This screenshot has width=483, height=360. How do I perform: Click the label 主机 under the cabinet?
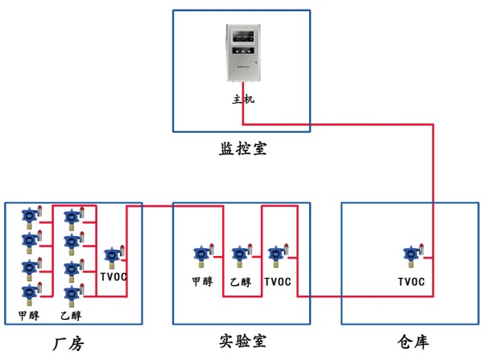coord(242,100)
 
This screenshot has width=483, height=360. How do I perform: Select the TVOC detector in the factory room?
coord(112,257)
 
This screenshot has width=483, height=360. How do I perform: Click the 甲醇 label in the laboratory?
coord(202,282)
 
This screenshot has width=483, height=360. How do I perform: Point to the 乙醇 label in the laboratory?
coord(241,282)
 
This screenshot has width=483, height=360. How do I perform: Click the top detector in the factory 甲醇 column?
coord(30,217)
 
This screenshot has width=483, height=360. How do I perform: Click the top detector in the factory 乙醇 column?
coord(71,217)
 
